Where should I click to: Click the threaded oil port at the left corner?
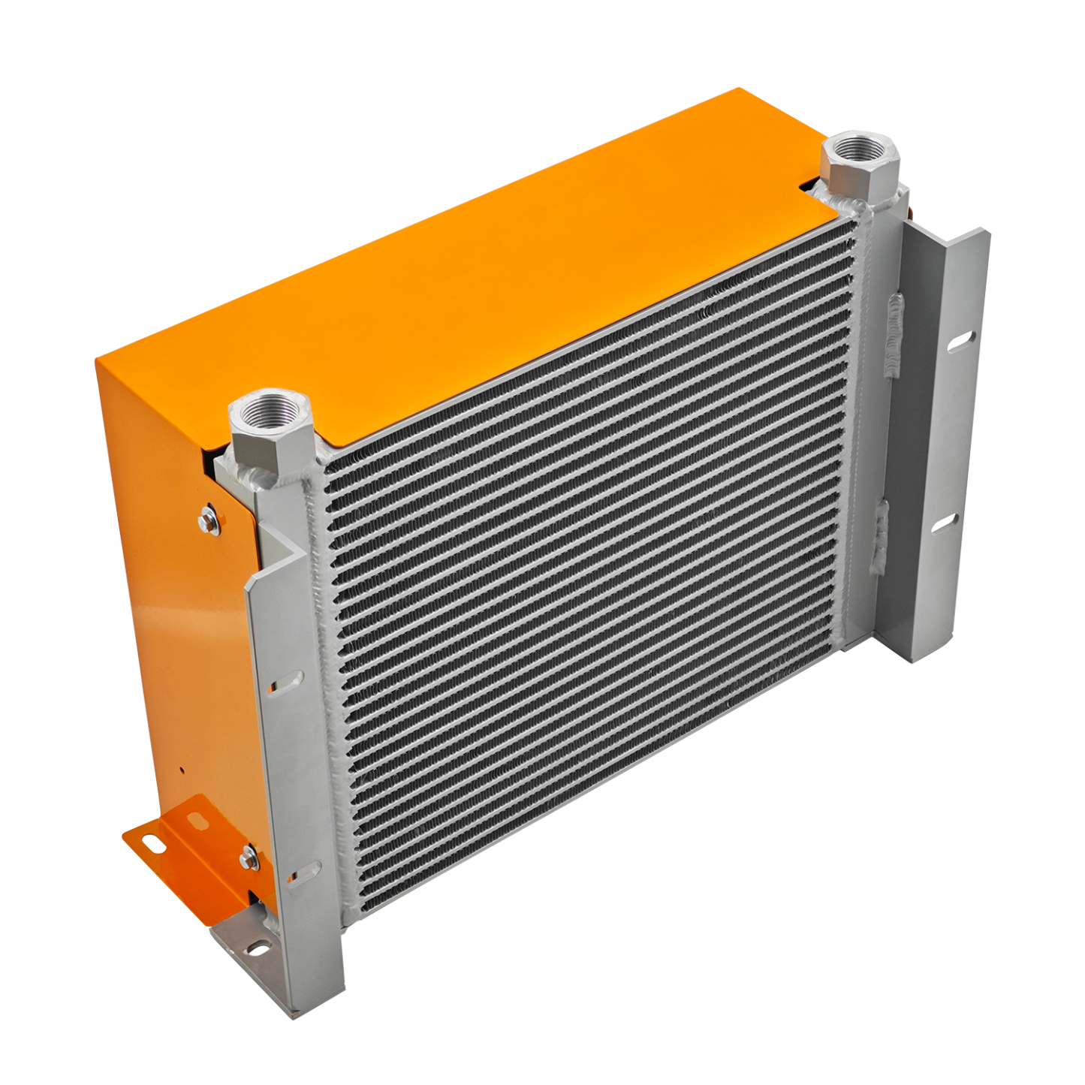(270, 411)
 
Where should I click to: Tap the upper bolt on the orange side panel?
(209, 520)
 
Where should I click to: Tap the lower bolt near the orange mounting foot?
(249, 857)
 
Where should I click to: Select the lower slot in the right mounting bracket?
(945, 523)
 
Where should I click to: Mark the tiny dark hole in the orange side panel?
(181, 768)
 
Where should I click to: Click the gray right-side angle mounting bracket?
(935, 443)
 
